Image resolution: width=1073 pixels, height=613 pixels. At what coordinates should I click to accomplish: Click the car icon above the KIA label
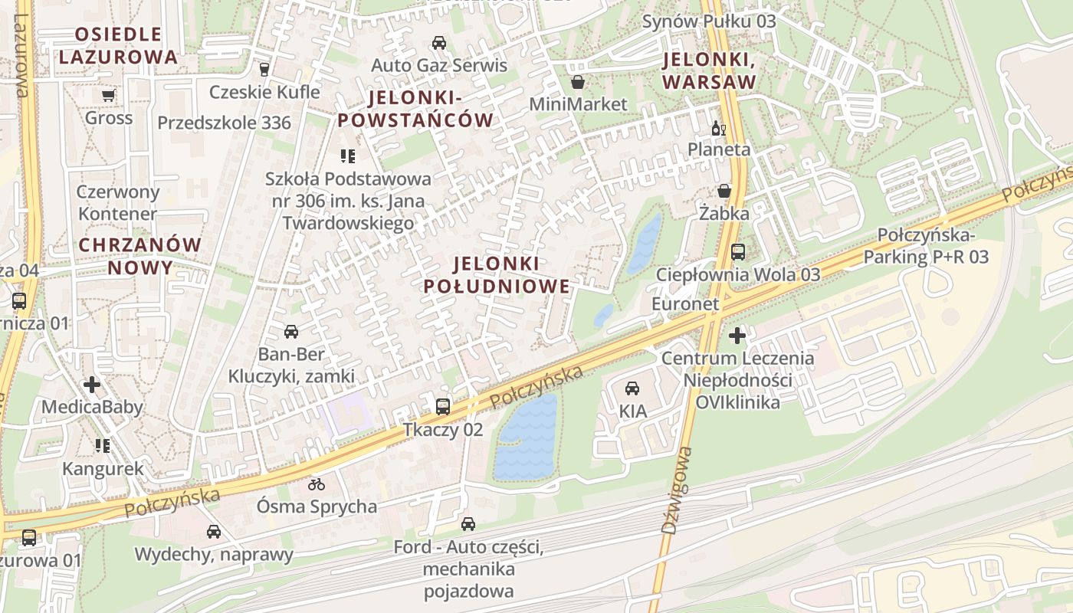tap(632, 388)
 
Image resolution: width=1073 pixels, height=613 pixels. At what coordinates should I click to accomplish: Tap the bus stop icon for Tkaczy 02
tap(443, 406)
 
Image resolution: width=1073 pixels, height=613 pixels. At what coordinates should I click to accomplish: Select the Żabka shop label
tap(724, 214)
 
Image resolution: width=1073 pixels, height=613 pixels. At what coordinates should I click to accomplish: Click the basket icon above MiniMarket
tap(578, 81)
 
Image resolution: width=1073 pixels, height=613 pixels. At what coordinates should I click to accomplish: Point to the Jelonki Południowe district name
tap(497, 275)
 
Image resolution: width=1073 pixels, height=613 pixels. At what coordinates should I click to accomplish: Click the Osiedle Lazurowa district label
tap(118, 45)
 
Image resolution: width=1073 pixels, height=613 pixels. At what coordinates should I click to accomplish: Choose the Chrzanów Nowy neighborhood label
tap(139, 256)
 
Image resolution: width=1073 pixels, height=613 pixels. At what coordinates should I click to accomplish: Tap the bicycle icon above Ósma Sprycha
tap(317, 484)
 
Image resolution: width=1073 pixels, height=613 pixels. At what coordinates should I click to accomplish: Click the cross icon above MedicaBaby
tap(92, 384)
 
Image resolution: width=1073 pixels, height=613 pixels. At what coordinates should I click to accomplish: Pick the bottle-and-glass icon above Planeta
tap(718, 128)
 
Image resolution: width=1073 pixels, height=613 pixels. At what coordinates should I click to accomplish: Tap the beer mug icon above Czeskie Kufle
tap(265, 69)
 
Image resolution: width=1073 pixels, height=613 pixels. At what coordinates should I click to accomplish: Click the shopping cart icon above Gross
tap(108, 95)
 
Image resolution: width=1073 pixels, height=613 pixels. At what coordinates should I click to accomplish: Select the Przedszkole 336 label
tap(224, 123)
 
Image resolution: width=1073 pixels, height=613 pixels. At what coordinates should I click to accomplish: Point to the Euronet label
tap(685, 304)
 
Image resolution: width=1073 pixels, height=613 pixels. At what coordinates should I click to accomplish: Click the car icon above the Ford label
tap(468, 524)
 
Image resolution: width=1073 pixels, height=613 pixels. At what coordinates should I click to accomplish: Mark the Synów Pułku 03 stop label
tap(709, 21)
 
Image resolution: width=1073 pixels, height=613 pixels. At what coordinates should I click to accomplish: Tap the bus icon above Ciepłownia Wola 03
tap(738, 251)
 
